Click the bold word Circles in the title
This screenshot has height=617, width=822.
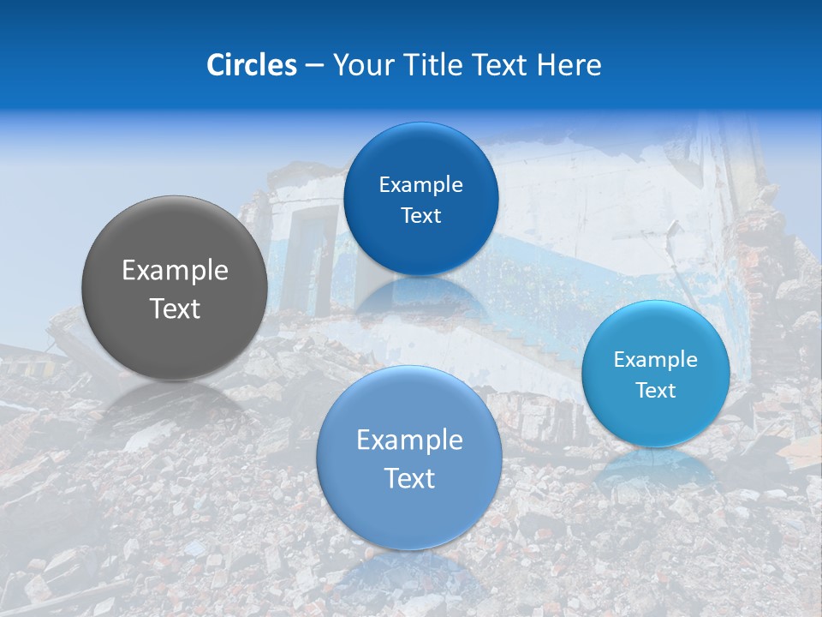pyautogui.click(x=252, y=65)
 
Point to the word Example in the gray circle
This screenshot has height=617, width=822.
pyautogui.click(x=175, y=271)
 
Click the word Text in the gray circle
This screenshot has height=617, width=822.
pyautogui.click(x=175, y=308)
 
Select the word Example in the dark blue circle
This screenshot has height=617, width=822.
pyautogui.click(x=420, y=184)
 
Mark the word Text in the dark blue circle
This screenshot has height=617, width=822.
pyautogui.click(x=420, y=215)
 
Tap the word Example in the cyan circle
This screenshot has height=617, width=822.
pyautogui.click(x=656, y=359)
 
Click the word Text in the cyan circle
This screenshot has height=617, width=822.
pyautogui.click(x=656, y=390)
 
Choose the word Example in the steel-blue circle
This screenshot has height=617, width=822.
pyautogui.click(x=409, y=440)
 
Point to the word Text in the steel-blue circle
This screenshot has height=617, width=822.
pyautogui.click(x=409, y=478)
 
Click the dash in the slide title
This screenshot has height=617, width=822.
pyautogui.click(x=313, y=66)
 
